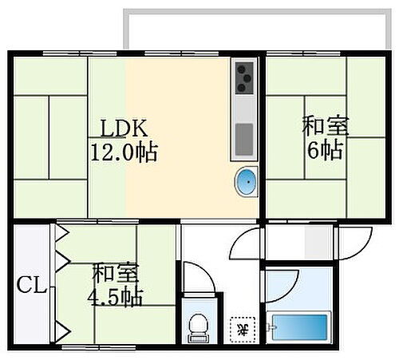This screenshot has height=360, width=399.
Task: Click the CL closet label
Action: click(x=30, y=284)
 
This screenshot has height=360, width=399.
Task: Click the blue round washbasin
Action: click(x=247, y=182)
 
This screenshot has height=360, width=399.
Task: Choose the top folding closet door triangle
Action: click(x=61, y=235)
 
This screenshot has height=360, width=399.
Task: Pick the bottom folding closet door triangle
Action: click(x=61, y=328)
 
